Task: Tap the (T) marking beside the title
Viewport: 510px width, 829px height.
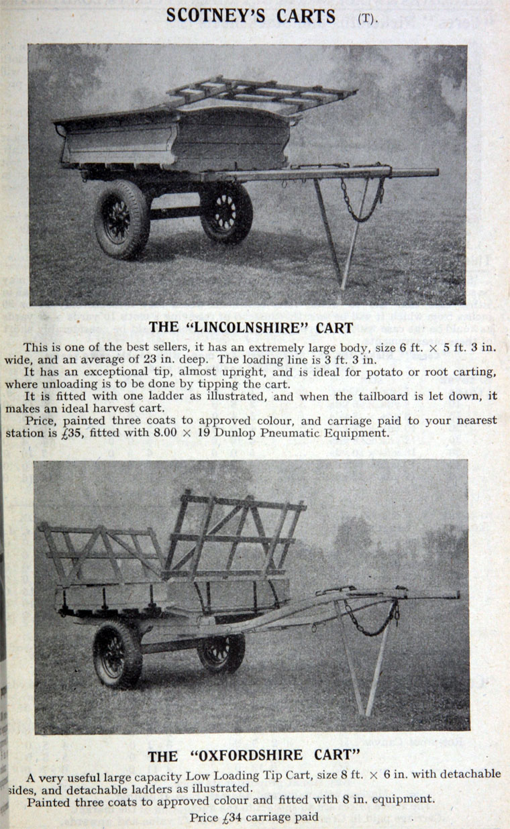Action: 367,18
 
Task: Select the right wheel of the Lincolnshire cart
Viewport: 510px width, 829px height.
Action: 226,213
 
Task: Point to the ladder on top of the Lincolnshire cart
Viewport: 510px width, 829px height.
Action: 262,95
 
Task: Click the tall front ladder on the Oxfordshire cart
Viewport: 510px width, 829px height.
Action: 235,537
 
